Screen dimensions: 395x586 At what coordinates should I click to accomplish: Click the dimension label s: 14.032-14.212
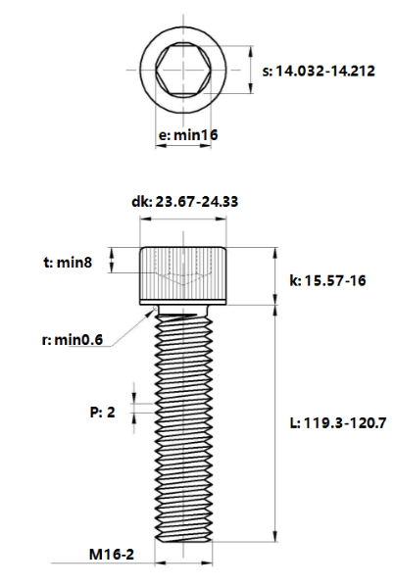point(319,71)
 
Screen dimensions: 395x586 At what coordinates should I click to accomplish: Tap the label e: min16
point(188,134)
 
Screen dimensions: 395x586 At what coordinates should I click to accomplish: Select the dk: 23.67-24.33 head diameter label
point(184,202)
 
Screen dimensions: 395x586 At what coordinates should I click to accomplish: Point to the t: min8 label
point(68,263)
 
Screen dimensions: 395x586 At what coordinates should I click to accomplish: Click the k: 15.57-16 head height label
point(327,280)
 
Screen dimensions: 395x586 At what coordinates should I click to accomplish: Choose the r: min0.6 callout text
point(73,340)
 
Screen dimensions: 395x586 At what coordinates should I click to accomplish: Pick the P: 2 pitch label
point(102,413)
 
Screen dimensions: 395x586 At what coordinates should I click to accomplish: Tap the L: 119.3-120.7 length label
point(338,423)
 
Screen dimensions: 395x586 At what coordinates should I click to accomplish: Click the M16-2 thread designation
point(112,555)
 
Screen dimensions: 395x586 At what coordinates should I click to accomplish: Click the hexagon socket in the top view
point(183,70)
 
